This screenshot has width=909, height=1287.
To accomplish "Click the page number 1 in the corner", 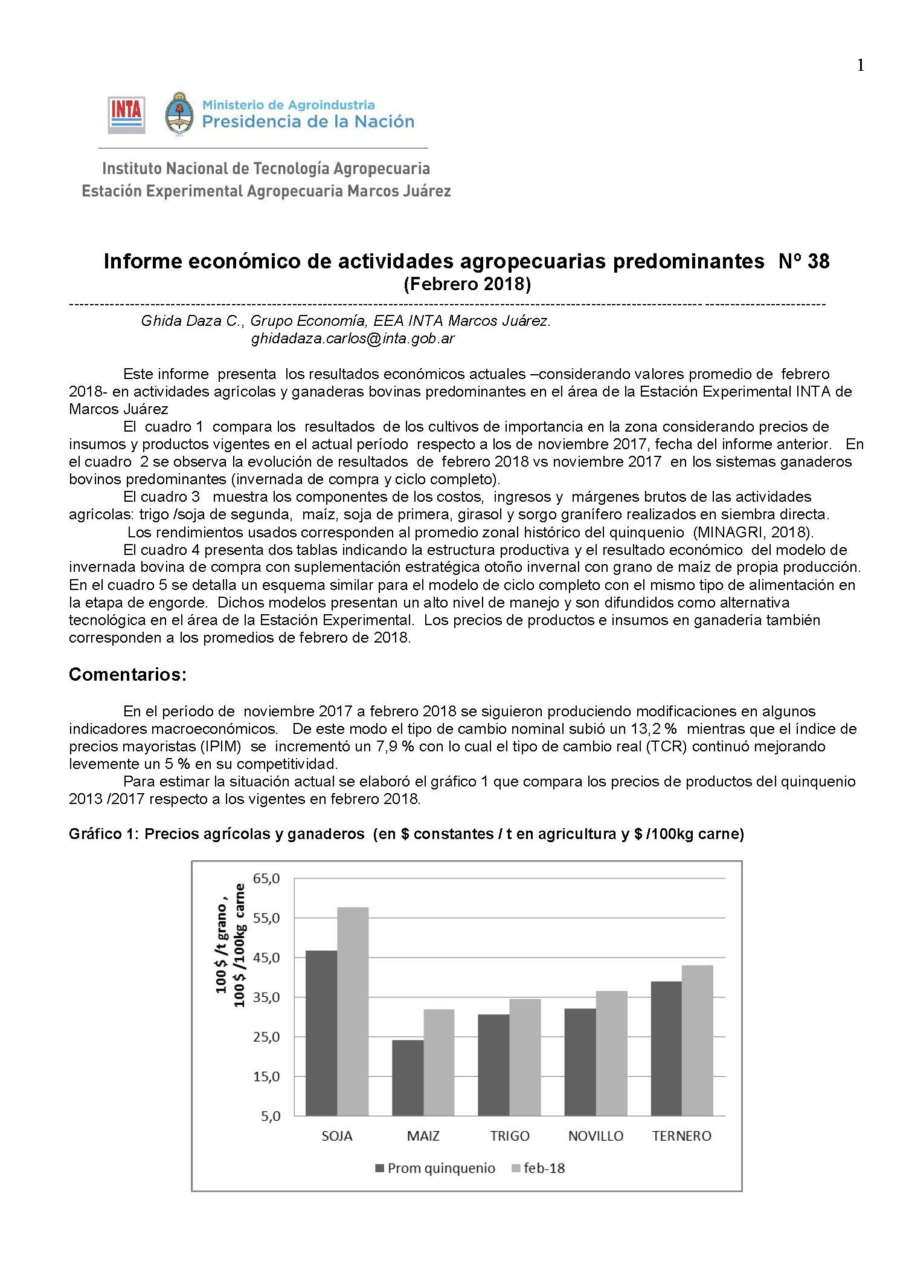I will click(x=860, y=66).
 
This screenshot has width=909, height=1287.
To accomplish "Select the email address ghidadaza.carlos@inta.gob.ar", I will click(x=353, y=339).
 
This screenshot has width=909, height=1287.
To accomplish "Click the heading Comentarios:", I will click(x=127, y=675).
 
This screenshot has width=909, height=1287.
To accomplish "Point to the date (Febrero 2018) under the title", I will click(x=466, y=284).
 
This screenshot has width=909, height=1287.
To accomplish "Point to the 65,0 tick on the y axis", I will click(x=271, y=879).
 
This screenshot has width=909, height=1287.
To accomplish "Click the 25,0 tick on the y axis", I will click(x=271, y=1037).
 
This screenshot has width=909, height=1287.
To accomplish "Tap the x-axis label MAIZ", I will click(x=423, y=1136).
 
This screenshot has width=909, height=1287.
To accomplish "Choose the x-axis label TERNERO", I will click(x=682, y=1136).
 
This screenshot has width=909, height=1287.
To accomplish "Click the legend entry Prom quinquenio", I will click(x=435, y=1169).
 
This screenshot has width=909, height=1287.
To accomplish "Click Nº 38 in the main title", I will click(x=804, y=262).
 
